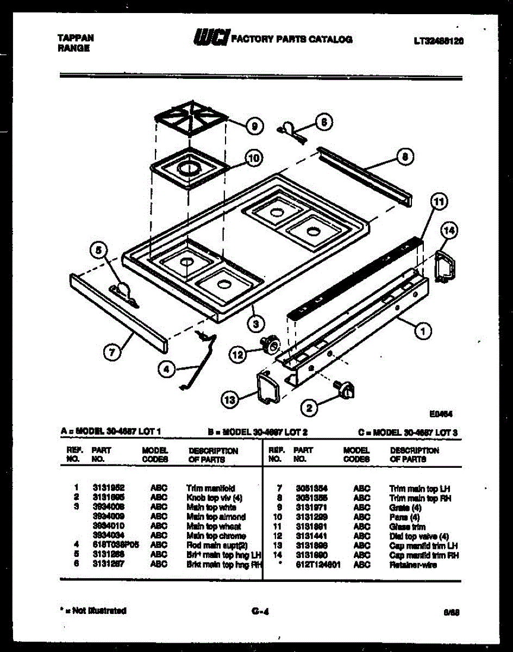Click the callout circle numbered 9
(x=253, y=127)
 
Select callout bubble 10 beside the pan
(x=253, y=158)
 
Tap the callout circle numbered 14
(x=449, y=231)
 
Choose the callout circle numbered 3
(x=253, y=325)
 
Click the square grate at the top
(x=191, y=119)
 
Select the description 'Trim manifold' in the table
(x=210, y=488)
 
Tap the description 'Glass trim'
(x=407, y=526)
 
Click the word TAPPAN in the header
(x=76, y=37)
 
